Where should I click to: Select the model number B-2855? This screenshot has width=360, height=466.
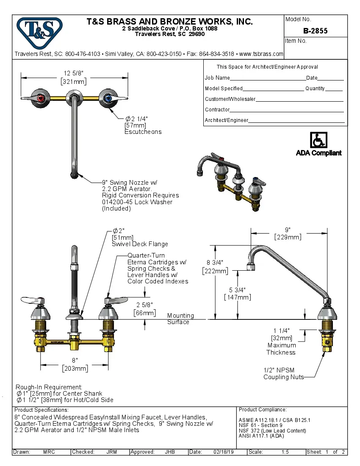[315, 31]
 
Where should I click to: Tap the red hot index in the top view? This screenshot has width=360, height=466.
[41, 99]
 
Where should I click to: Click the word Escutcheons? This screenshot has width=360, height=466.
[143, 132]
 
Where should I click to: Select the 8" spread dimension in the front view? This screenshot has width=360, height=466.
[75, 361]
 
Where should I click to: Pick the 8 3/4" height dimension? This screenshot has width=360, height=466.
[215, 262]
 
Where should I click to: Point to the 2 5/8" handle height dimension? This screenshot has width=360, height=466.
[144, 305]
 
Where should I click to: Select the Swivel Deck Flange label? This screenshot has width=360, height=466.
[140, 244]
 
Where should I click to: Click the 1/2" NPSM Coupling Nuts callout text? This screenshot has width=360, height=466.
[283, 374]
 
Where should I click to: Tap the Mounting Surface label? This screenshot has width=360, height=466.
[180, 319]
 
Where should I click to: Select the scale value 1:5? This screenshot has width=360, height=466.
[285, 452]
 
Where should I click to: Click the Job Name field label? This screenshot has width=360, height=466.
[217, 78]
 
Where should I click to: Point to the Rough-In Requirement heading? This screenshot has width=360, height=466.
[49, 387]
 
